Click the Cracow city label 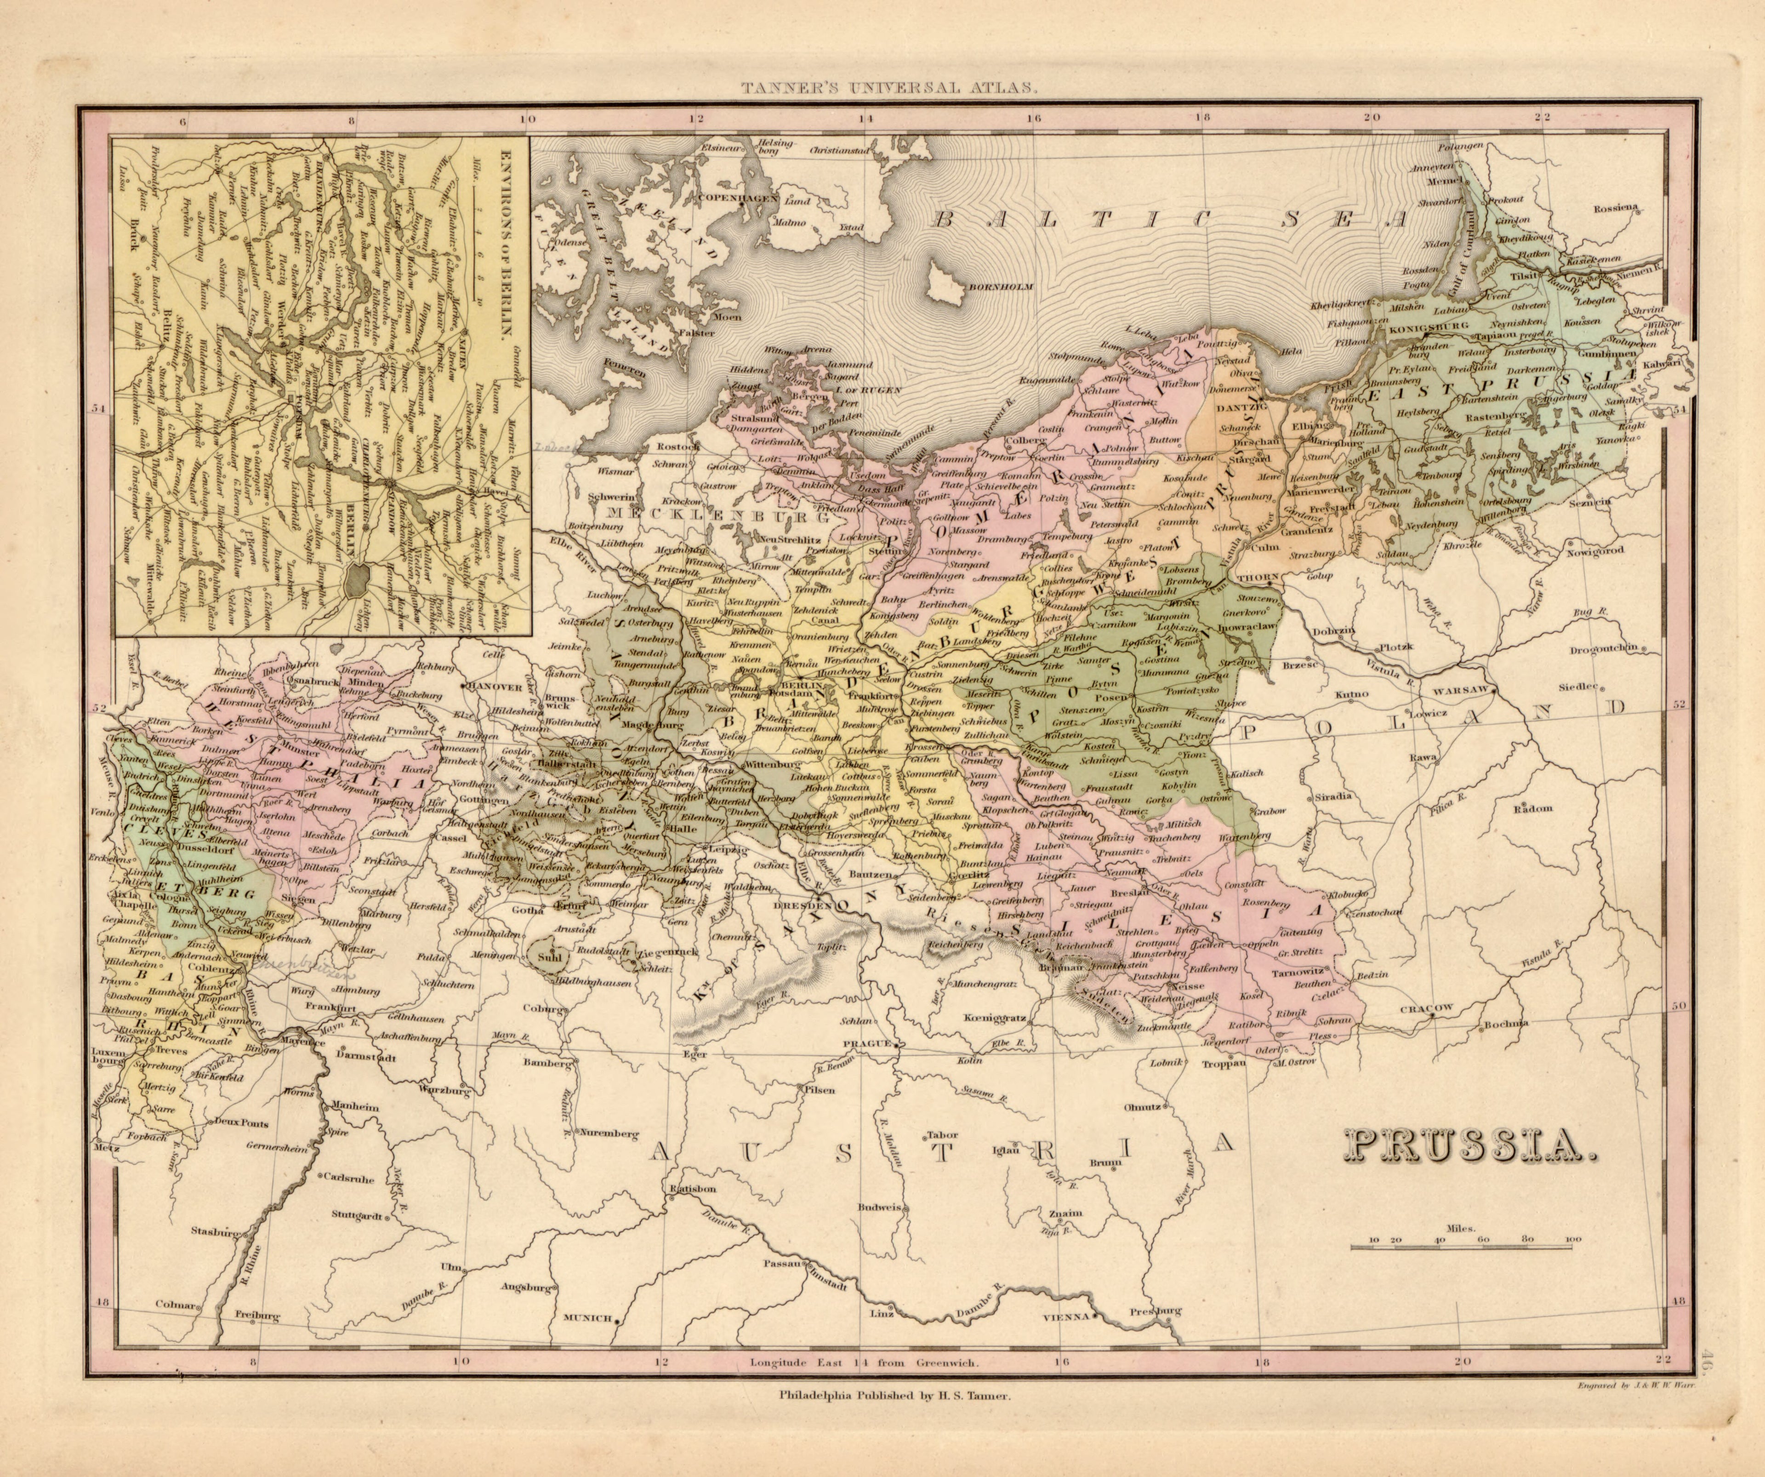coord(1426,1008)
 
